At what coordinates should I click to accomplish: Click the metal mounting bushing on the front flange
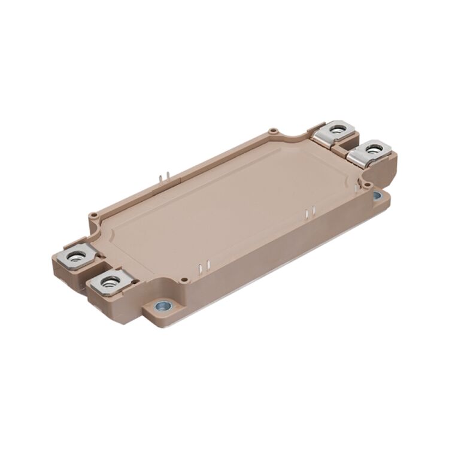tap(162, 306)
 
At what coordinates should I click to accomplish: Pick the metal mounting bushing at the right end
tap(377, 195)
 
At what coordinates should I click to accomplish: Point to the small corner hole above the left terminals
tap(93, 214)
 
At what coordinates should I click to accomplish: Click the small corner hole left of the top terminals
tap(272, 129)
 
